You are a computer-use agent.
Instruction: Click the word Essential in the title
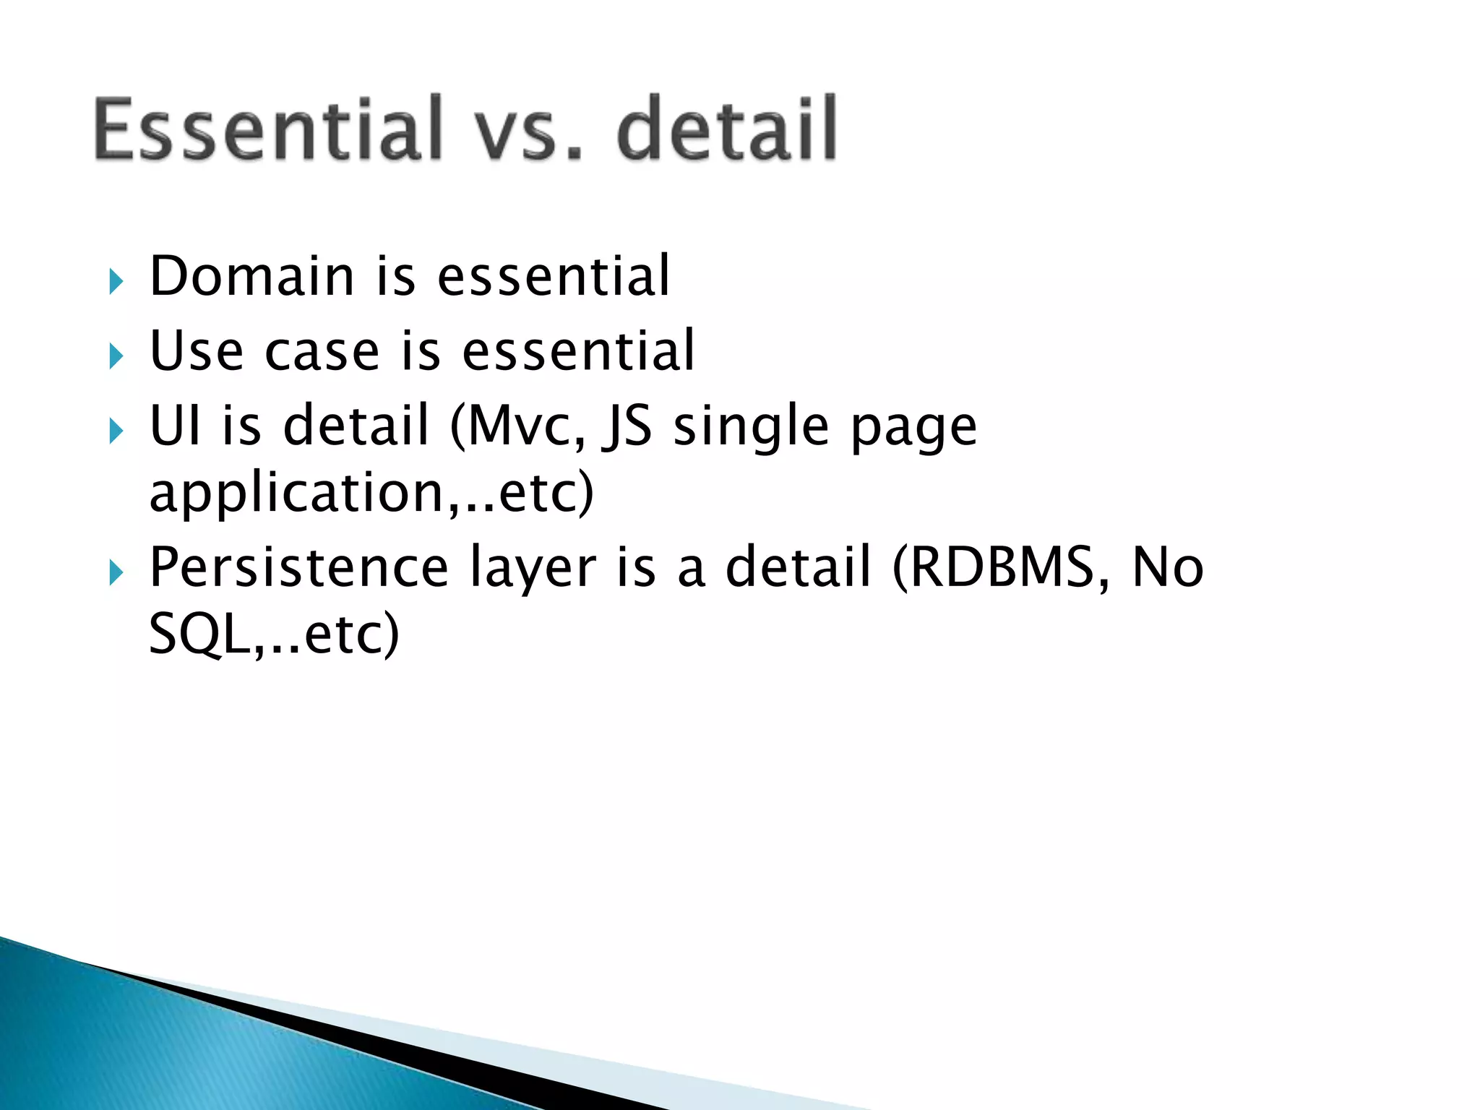[x=267, y=130]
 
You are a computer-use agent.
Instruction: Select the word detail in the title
[x=726, y=130]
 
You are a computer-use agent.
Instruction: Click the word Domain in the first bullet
[x=251, y=276]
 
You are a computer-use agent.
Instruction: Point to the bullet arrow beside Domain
[x=116, y=281]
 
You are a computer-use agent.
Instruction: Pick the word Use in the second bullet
[x=196, y=351]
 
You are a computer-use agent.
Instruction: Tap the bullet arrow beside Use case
[x=116, y=356]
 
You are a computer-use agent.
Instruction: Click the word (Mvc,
[x=517, y=426]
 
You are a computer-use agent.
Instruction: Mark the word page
[x=913, y=431]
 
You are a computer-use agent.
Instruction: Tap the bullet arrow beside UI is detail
[x=116, y=431]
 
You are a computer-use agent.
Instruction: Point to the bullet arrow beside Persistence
[x=116, y=573]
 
